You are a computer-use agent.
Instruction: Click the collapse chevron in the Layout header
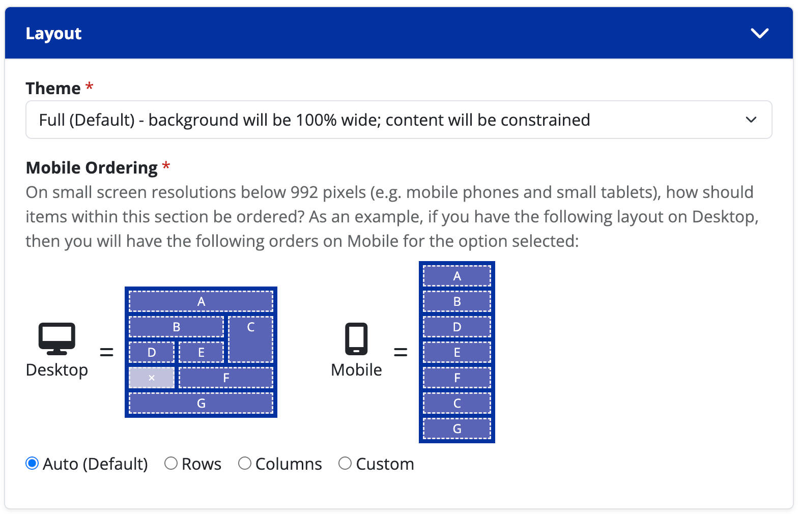(759, 34)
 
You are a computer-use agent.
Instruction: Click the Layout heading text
(53, 34)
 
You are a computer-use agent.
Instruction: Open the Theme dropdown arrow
(751, 120)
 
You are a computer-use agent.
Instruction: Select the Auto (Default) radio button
(32, 464)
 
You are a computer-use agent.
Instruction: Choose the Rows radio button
(171, 464)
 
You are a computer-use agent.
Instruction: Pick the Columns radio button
(245, 464)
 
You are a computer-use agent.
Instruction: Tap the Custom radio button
(345, 464)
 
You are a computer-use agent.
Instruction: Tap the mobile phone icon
(356, 338)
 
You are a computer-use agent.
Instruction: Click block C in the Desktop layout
(250, 339)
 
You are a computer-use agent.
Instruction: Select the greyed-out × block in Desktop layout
(152, 378)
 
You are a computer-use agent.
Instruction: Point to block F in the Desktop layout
(226, 378)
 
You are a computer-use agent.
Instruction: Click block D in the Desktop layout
(152, 352)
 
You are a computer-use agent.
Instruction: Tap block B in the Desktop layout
(176, 327)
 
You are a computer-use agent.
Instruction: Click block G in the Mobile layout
(457, 429)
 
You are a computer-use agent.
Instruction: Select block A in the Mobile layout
(457, 276)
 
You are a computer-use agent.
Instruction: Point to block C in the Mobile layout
(457, 403)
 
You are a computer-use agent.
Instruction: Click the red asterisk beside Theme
(90, 86)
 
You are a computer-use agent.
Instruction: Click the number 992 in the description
(304, 192)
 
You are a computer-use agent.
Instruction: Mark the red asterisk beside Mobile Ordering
(166, 165)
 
